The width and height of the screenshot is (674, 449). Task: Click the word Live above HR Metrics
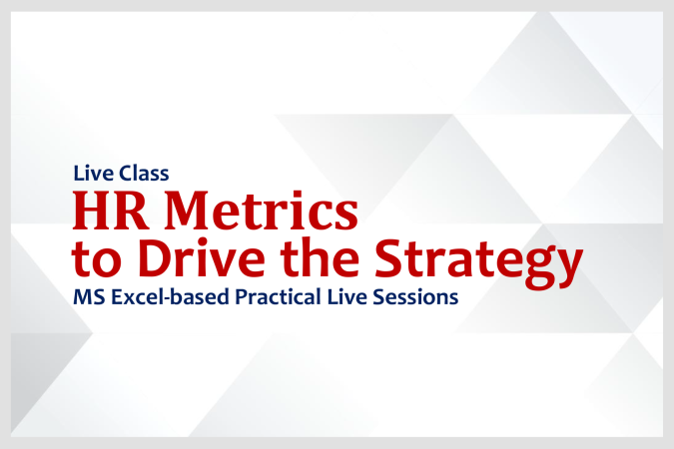(x=90, y=172)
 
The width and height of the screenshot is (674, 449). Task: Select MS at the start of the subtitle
(x=85, y=297)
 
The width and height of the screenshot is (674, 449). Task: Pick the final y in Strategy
(x=567, y=263)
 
